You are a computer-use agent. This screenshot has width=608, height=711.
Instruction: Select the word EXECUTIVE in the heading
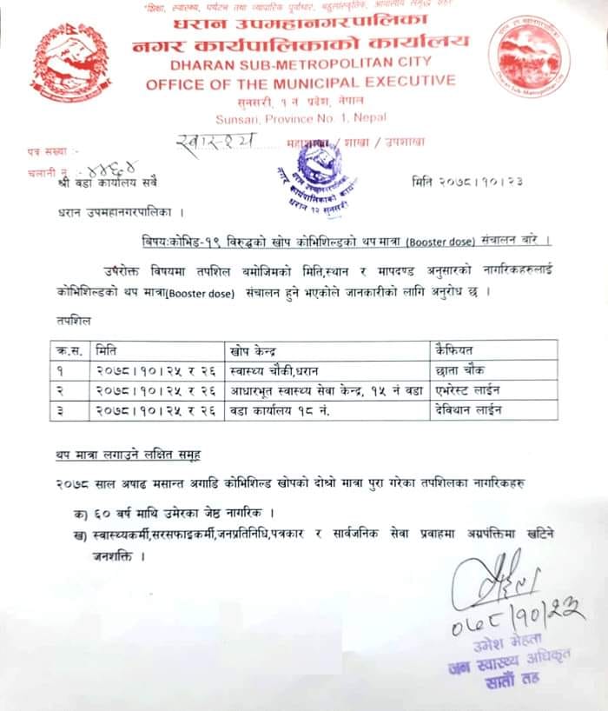[408, 82]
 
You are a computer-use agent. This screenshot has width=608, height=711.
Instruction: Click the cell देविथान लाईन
[468, 407]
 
